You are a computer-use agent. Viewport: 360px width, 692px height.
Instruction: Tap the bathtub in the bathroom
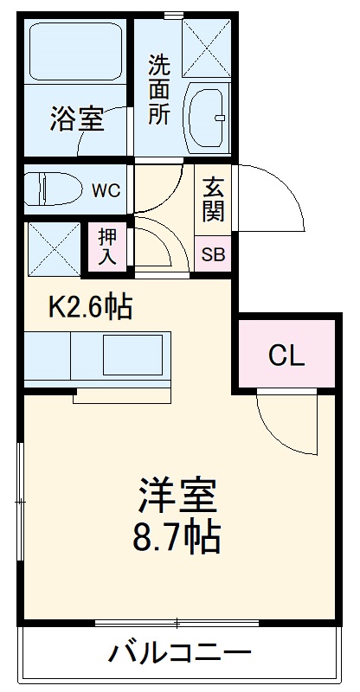[75, 52]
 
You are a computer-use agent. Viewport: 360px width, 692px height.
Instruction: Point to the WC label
[106, 189]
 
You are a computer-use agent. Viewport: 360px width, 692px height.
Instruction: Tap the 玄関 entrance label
[212, 198]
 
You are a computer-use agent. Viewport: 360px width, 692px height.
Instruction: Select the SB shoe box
[212, 254]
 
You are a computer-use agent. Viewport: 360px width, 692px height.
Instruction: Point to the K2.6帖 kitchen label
[91, 306]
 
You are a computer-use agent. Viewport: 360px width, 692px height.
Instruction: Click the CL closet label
[286, 355]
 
